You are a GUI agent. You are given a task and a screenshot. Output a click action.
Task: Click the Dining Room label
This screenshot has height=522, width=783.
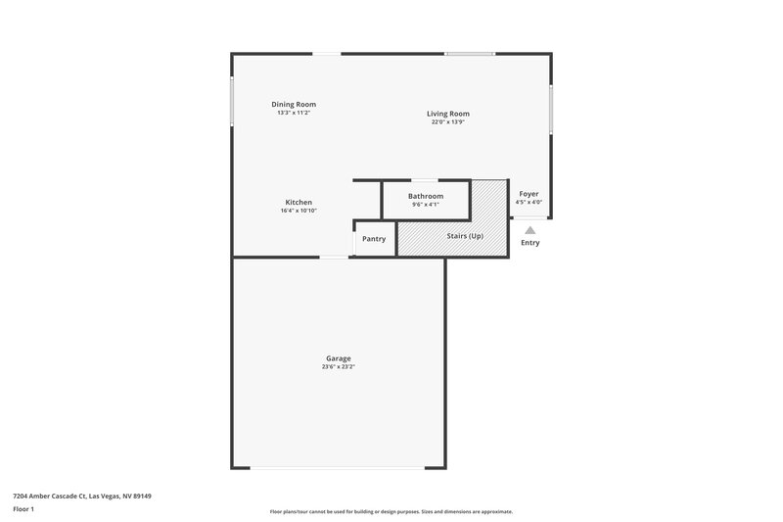tap(294, 105)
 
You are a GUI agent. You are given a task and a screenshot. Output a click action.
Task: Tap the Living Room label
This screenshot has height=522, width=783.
tap(449, 114)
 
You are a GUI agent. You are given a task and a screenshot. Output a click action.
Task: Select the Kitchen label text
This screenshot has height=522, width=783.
tap(299, 203)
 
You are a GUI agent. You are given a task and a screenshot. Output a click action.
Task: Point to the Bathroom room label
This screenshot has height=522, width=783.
tap(426, 196)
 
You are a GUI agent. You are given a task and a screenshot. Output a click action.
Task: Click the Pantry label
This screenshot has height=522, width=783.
tap(374, 239)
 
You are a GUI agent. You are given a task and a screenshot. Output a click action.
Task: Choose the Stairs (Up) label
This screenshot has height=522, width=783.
tap(462, 236)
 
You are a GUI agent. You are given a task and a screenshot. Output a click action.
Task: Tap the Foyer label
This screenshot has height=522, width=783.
tap(529, 194)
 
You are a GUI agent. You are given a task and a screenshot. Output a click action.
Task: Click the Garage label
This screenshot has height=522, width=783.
tap(339, 358)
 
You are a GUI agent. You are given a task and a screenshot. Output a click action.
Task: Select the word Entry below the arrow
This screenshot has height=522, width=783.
tap(530, 243)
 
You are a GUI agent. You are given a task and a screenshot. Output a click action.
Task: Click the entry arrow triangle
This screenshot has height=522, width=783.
tap(530, 230)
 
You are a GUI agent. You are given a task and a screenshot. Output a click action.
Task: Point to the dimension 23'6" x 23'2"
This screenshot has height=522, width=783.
tap(339, 367)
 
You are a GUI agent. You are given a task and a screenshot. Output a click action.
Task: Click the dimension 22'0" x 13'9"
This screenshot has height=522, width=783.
tap(449, 122)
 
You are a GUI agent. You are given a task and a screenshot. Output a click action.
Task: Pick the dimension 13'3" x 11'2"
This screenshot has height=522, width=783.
tap(294, 114)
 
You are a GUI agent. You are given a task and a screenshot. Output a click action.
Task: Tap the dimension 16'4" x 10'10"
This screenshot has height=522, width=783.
tap(299, 212)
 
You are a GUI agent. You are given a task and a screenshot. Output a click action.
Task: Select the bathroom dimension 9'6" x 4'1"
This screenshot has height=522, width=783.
tap(426, 205)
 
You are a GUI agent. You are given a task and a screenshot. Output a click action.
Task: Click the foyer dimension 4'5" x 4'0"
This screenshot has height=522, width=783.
tap(529, 203)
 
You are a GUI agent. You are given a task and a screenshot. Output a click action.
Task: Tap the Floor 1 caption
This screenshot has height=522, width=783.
tap(23, 509)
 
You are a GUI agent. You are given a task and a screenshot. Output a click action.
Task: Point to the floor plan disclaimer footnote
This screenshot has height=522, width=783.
tap(391, 511)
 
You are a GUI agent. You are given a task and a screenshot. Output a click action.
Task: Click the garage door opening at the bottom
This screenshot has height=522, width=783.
tap(338, 468)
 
